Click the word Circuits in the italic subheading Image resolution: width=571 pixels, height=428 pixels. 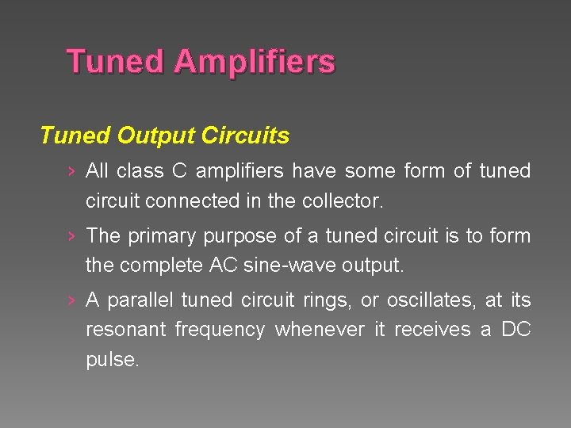coord(246,136)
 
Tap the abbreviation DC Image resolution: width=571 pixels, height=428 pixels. coord(516,330)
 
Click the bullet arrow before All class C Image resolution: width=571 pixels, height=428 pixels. coord(72,172)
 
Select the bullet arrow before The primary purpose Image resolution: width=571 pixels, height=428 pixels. coord(72,236)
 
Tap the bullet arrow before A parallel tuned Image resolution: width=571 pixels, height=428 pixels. coord(72,300)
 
